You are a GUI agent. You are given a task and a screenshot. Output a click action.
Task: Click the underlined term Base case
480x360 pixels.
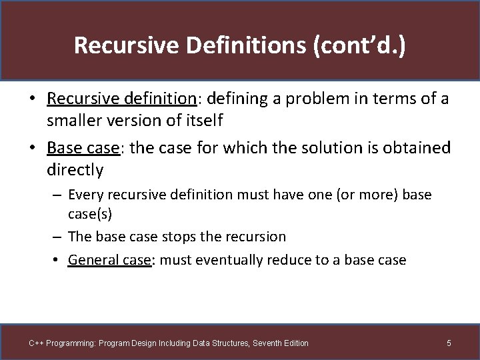tap(83, 147)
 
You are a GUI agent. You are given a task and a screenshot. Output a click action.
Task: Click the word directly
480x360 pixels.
tap(75, 170)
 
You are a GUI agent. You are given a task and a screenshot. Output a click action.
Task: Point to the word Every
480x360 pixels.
tap(87, 195)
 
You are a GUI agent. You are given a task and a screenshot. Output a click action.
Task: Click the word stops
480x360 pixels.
tap(171, 237)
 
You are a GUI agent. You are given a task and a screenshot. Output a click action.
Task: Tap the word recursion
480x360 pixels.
tap(253, 237)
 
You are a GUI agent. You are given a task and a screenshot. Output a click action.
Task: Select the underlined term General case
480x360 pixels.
tap(110, 260)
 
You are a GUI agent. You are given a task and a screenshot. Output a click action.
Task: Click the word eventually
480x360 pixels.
tap(228, 260)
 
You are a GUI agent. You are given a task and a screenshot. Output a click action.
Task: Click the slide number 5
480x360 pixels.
tap(449, 343)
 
